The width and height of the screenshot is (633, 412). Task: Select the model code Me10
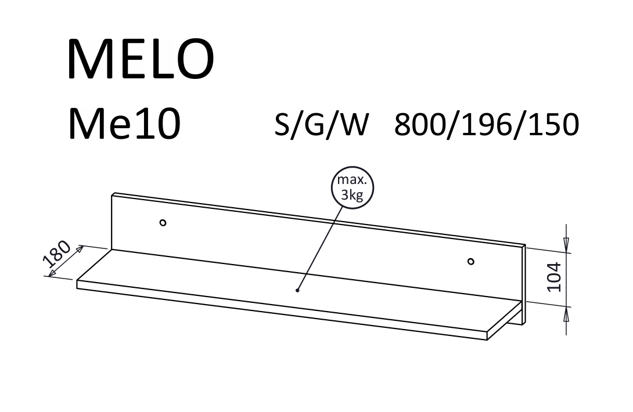click(x=124, y=124)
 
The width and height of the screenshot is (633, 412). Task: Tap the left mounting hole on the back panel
click(x=163, y=222)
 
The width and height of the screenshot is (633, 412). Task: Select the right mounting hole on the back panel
click(x=471, y=261)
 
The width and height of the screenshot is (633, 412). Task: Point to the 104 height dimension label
click(x=555, y=277)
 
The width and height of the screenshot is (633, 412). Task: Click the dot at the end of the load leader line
click(x=297, y=290)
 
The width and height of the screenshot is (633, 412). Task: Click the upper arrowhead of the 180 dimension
click(x=80, y=250)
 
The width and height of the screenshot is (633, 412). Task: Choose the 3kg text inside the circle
click(x=352, y=195)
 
